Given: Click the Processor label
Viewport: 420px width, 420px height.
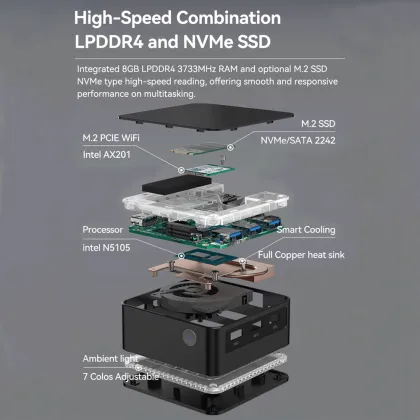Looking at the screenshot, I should click(104, 229).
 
